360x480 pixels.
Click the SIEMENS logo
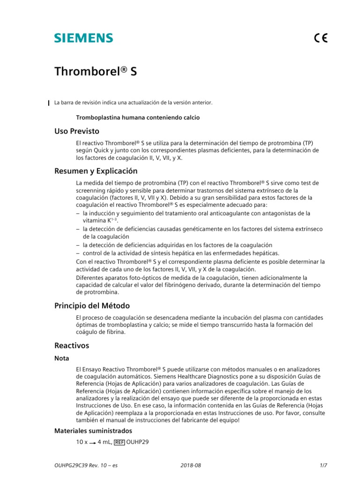[83, 38]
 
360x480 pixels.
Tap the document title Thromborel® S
[96, 71]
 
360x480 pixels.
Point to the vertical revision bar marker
[50, 103]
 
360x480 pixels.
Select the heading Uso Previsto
[77, 131]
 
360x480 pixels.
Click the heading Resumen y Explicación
[96, 171]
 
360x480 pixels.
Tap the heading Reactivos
[72, 345]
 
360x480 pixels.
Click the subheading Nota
[62, 358]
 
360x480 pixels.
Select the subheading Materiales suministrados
[93, 430]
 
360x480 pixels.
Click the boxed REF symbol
[119, 442]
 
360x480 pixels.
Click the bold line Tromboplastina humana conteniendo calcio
[137, 118]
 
